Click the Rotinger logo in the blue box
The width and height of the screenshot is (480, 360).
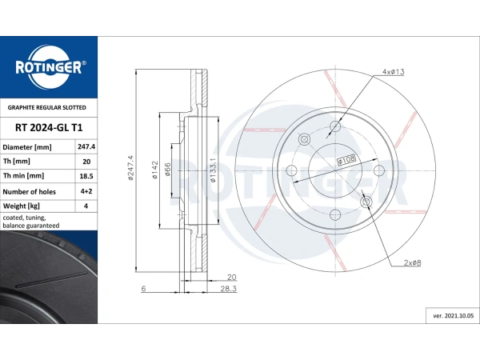48,66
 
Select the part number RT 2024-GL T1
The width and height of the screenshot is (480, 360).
48,127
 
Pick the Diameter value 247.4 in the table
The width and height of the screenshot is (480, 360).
86,147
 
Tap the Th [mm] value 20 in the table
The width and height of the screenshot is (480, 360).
86,162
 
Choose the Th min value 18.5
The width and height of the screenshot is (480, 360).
86,176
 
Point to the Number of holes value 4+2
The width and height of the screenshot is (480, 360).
86,191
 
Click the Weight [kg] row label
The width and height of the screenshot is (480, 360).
24,206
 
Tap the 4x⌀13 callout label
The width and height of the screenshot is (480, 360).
393,72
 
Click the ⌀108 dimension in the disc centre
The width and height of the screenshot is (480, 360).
346,160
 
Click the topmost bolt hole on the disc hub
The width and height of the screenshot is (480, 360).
335,126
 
